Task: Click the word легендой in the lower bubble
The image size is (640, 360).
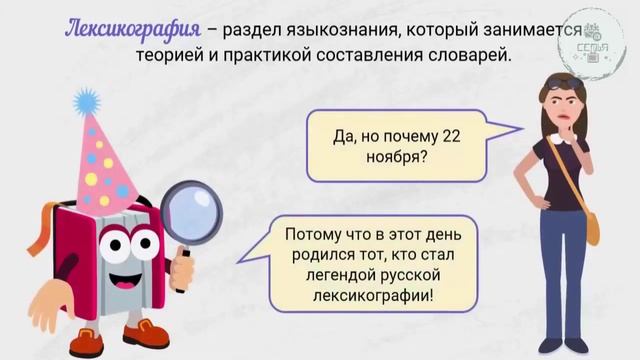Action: click(313, 275)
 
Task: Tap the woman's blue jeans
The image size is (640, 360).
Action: click(565, 270)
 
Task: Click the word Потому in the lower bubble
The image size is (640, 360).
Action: click(310, 234)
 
